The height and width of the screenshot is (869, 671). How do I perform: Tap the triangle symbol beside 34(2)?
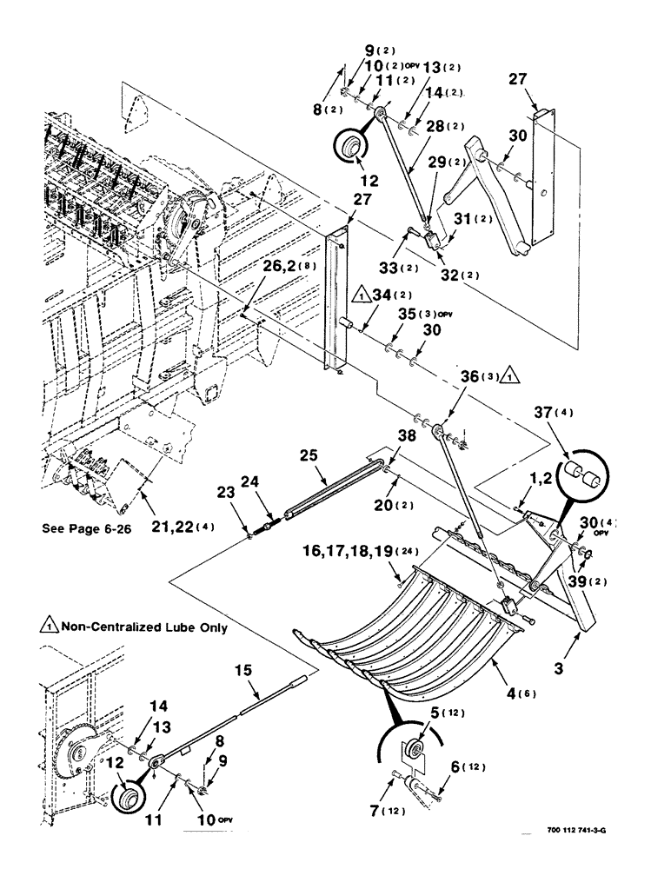click(x=360, y=296)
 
